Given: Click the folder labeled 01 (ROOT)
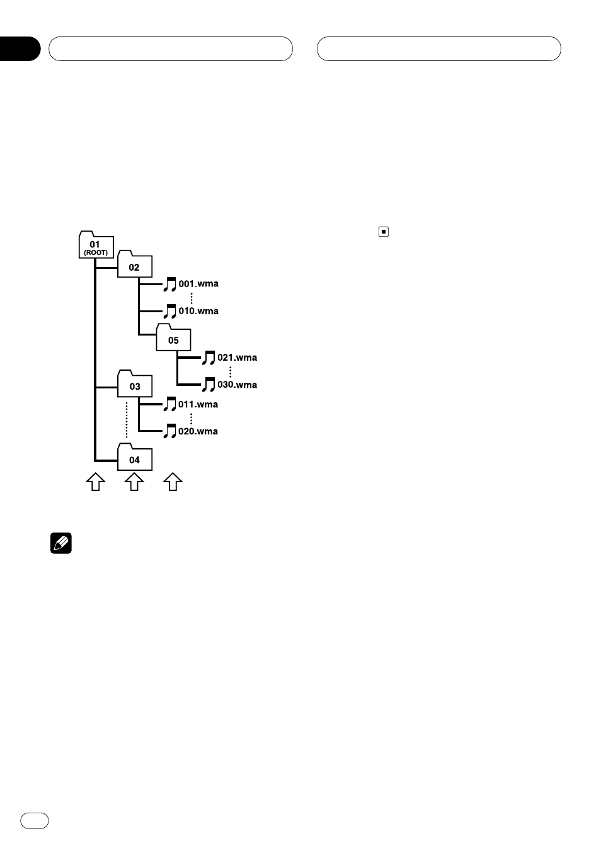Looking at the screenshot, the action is (96, 246).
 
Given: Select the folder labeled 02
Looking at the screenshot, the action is (135, 266).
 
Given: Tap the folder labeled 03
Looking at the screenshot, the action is (135, 385).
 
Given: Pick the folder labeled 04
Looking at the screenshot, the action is (135, 459).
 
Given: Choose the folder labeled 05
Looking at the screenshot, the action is (173, 339).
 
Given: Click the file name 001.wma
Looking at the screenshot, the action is (198, 284).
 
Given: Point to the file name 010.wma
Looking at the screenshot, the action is (198, 311).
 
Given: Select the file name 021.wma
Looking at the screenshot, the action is (238, 358).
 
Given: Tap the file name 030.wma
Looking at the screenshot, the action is (238, 385).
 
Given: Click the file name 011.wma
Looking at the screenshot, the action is (198, 404).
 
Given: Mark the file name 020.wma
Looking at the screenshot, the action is (198, 431).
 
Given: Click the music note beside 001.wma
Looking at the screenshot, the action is (170, 284).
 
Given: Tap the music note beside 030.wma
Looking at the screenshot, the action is (209, 385).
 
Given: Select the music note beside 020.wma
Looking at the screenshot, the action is (170, 431).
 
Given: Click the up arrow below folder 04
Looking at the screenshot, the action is (134, 482).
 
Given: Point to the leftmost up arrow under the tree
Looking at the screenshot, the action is (96, 482).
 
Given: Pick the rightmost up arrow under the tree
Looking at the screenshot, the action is (173, 482).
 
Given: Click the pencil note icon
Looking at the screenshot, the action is (60, 543).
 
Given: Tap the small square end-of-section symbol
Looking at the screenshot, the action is (383, 232).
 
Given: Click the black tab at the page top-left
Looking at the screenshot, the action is (20, 49).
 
